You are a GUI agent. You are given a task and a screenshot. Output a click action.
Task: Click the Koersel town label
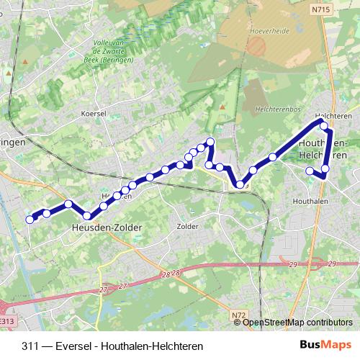click(x=95, y=114)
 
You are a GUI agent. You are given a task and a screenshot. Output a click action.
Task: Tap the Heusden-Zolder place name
click(x=107, y=228)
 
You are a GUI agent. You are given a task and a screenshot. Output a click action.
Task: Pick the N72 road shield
click(x=239, y=315)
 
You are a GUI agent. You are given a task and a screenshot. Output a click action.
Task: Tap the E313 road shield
click(x=7, y=321)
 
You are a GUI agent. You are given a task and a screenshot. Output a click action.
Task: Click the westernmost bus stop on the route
click(x=30, y=219)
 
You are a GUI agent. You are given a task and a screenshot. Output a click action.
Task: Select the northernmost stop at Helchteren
click(x=324, y=126)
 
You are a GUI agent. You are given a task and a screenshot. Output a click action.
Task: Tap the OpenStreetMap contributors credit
click(x=298, y=323)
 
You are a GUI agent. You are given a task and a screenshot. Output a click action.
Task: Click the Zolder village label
click(x=186, y=226)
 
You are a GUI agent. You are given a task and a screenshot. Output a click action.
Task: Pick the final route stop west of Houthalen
click(x=310, y=171)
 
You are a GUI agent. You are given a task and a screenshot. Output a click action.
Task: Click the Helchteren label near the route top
click(x=332, y=115)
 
